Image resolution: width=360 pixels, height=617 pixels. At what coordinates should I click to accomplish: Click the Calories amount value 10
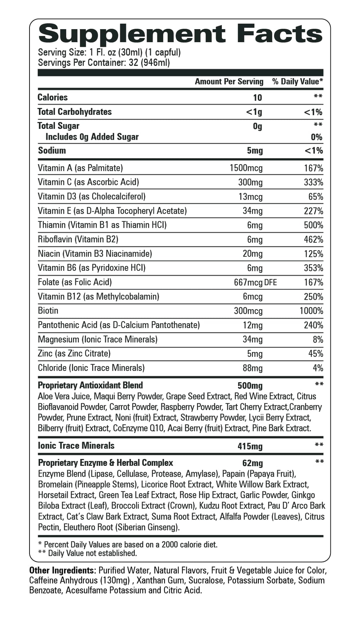pos(257,98)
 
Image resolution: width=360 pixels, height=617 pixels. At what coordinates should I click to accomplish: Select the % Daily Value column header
pos(297,82)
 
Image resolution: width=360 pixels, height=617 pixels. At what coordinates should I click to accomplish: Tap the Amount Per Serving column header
pos(229,82)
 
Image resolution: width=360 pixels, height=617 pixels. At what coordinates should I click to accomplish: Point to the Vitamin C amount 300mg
pos(250,183)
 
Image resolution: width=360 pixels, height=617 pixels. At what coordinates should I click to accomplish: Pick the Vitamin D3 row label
pos(91,197)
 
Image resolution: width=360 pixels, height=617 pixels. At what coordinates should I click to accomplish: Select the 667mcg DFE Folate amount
pos(255,282)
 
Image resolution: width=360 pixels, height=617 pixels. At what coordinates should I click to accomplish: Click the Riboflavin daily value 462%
pos(313,239)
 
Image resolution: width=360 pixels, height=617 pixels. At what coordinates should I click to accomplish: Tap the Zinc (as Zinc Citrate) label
pos(74,353)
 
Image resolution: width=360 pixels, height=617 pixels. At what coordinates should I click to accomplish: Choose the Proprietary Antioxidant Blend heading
pos(90,385)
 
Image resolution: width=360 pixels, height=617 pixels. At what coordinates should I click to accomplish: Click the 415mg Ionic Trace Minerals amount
pos(250,446)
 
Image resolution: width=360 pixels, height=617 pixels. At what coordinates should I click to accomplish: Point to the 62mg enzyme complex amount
pos(252,463)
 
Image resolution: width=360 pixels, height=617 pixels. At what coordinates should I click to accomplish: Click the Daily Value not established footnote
pos(87,553)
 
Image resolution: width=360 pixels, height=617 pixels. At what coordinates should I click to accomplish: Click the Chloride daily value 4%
pos(318,368)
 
